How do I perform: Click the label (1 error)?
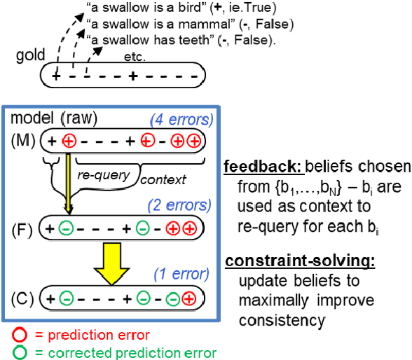pos(174,272)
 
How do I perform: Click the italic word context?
pos(164,180)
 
